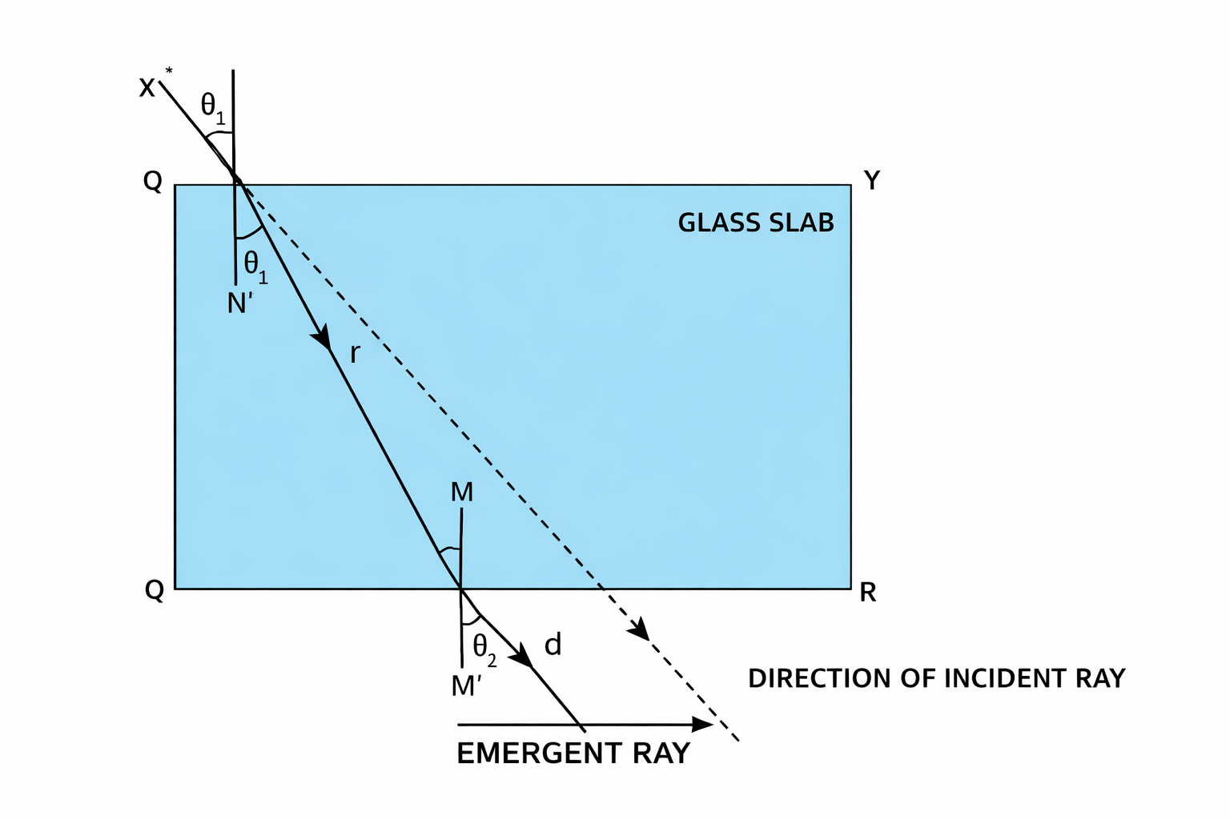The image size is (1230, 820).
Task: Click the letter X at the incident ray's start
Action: (147, 87)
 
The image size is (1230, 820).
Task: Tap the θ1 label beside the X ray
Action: (212, 107)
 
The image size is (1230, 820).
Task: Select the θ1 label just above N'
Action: (255, 266)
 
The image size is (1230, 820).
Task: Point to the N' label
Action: (239, 303)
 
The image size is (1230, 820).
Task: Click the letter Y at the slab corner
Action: (872, 181)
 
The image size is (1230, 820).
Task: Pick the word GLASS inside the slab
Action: (712, 223)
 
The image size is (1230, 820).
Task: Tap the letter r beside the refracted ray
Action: (355, 352)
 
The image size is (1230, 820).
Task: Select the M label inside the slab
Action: (462, 492)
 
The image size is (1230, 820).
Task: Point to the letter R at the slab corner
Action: (868, 593)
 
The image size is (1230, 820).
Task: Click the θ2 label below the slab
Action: (484, 648)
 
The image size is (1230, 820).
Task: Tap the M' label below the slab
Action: (465, 686)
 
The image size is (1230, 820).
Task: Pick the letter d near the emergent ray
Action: (553, 644)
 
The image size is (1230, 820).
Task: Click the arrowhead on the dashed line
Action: (640, 631)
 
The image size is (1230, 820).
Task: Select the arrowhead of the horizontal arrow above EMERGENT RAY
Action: (702, 725)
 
